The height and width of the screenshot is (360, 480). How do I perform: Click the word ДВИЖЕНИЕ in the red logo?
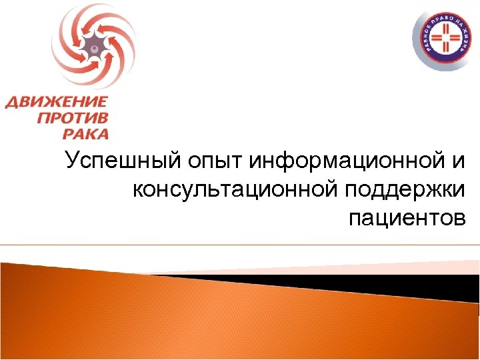(57, 103)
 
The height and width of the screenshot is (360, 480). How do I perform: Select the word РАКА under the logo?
(85, 133)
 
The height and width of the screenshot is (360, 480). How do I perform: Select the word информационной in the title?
(347, 161)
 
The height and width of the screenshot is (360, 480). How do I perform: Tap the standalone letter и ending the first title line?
(461, 163)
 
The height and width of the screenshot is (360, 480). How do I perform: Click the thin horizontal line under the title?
(240, 245)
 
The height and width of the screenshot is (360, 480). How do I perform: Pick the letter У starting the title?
(71, 163)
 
